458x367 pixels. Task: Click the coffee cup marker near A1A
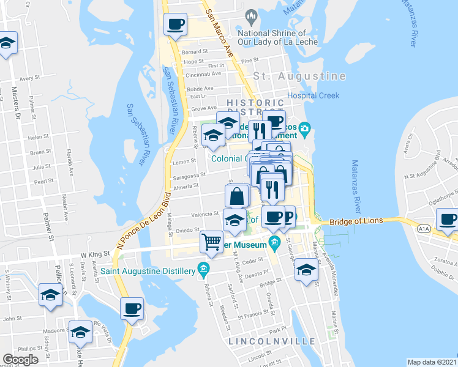(447, 219)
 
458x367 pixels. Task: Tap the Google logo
(20, 360)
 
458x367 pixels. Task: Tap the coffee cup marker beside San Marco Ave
(176, 24)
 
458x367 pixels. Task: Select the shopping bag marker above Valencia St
(237, 196)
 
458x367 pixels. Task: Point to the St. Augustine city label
(299, 76)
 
